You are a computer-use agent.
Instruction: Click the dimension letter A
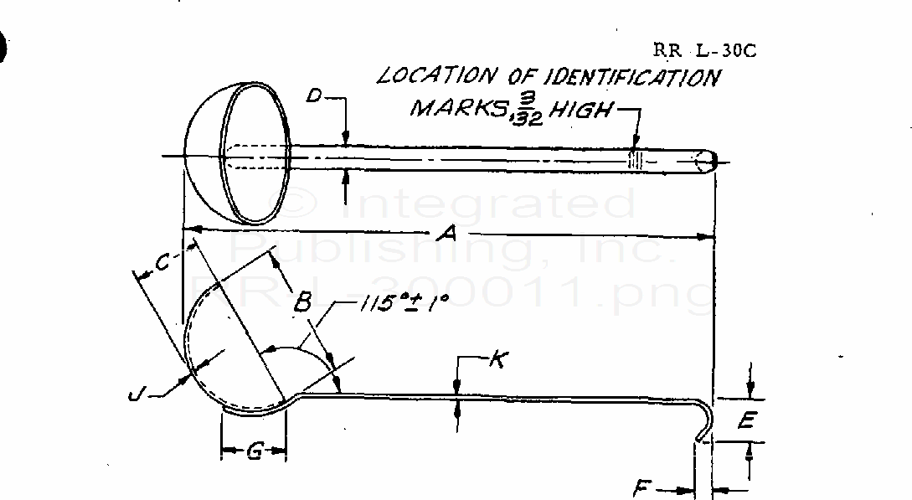click(x=449, y=237)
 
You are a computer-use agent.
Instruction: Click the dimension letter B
click(x=302, y=301)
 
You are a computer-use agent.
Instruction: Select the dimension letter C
click(x=162, y=263)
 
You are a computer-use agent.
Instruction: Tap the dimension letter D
click(x=315, y=96)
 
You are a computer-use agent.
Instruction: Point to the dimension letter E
click(x=746, y=421)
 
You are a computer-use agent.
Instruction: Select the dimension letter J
click(x=137, y=393)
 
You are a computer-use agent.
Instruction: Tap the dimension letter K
click(x=497, y=360)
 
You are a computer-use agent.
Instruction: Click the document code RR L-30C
click(x=704, y=50)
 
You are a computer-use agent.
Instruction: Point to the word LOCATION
click(x=435, y=76)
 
